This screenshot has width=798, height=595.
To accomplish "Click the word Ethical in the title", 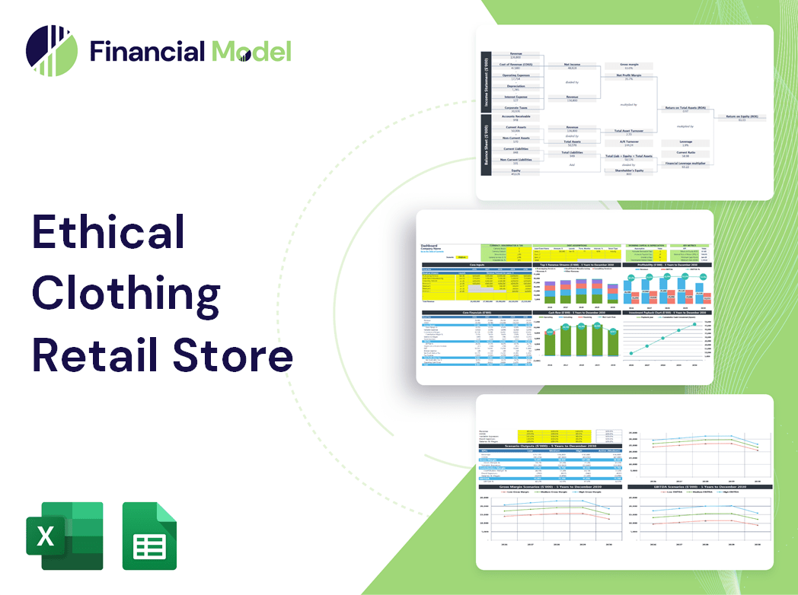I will (109, 231).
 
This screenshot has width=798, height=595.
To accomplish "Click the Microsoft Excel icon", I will (65, 536).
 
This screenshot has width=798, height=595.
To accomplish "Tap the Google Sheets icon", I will (150, 536).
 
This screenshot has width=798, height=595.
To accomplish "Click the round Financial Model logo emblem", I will (51, 51).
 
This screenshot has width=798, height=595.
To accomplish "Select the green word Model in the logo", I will (251, 52).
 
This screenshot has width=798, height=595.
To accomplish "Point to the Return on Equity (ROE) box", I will (741, 117).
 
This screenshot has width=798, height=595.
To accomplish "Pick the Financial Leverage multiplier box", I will (685, 164).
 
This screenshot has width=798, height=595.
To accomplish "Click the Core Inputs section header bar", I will (477, 266).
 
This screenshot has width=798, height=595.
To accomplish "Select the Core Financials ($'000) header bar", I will (477, 313).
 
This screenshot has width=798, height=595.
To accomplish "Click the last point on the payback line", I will (694, 325).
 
